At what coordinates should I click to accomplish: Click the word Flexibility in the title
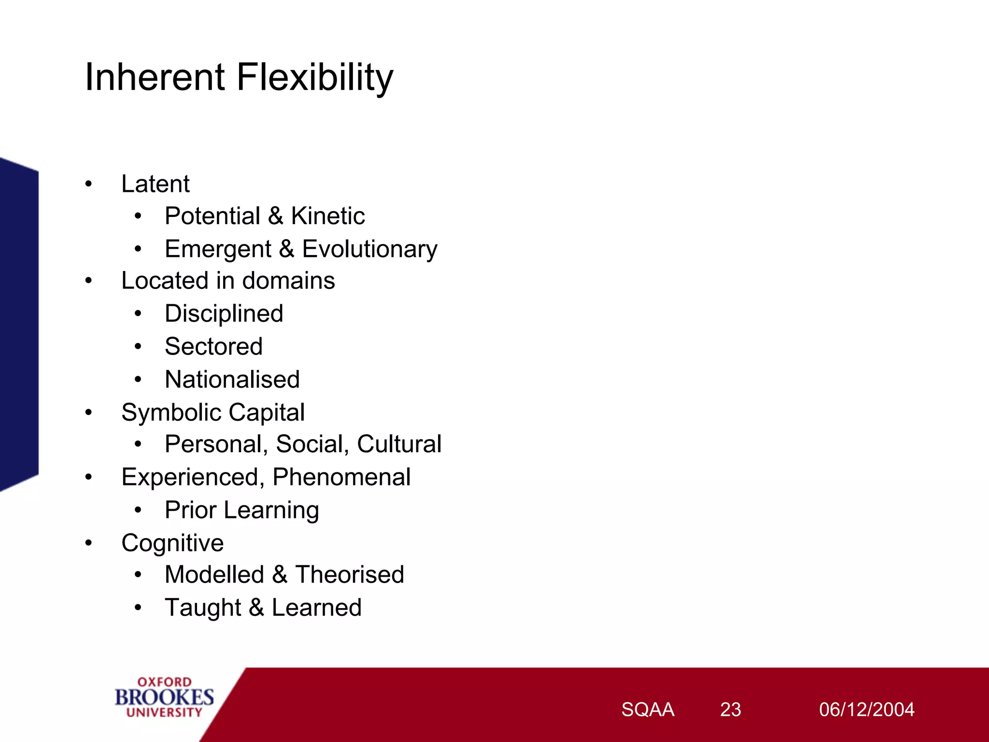(x=315, y=77)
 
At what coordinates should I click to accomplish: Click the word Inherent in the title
(x=155, y=77)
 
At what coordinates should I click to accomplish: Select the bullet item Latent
(x=155, y=184)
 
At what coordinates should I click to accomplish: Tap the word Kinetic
(x=327, y=216)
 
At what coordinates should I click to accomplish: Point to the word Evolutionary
(x=369, y=249)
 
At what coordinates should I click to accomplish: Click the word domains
(x=288, y=281)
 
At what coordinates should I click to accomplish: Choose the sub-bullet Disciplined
(x=224, y=314)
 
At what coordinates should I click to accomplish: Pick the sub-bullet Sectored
(x=213, y=347)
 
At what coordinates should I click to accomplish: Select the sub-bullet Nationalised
(x=232, y=380)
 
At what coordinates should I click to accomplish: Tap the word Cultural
(x=399, y=444)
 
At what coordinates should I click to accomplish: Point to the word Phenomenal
(x=341, y=477)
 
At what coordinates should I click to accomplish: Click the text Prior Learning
(x=241, y=511)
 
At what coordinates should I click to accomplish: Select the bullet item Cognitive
(x=172, y=543)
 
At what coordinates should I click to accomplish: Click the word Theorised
(x=350, y=575)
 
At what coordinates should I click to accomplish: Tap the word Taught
(x=203, y=608)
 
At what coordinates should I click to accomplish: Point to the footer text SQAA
(x=648, y=710)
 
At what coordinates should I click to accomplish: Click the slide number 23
(x=730, y=710)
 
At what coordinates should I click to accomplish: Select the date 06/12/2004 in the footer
(x=866, y=710)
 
